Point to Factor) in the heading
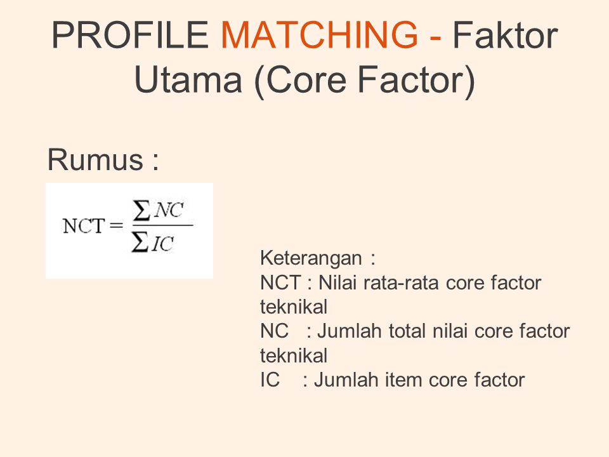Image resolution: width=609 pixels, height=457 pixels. click(x=419, y=82)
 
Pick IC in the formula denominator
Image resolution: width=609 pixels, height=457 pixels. click(x=164, y=244)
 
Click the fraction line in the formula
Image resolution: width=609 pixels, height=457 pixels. click(x=162, y=225)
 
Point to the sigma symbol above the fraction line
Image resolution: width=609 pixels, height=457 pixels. click(x=142, y=211)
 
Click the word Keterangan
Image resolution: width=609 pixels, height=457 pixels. click(x=311, y=259)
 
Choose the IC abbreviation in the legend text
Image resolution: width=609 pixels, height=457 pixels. click(x=270, y=380)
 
